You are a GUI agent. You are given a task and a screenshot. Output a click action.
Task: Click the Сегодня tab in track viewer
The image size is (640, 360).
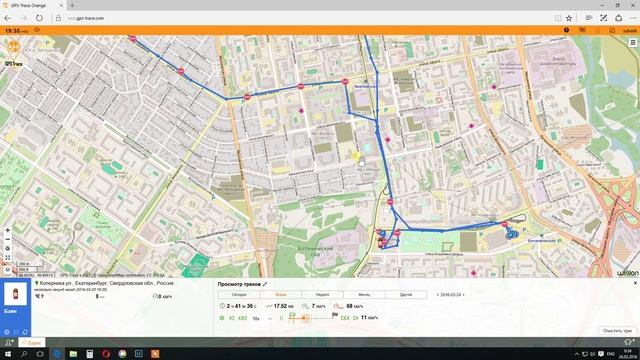point(239,295)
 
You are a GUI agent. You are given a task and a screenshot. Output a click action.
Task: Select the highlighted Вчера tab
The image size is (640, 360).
point(281,295)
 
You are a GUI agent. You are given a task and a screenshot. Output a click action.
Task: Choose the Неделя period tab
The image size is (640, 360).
point(321,295)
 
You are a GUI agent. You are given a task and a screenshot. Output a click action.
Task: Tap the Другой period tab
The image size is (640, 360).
point(406,295)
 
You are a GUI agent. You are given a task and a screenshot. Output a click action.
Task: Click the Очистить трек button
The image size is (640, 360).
point(617,330)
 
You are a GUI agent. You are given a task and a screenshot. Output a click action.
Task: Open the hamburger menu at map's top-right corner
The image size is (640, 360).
point(631,44)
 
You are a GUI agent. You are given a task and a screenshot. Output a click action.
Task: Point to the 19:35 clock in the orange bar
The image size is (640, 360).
point(13,31)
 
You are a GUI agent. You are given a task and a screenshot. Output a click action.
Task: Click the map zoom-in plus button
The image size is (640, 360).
point(8,231)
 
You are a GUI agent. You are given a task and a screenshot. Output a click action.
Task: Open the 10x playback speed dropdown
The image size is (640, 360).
point(259,318)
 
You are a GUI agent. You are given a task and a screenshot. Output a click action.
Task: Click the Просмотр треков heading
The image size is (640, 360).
point(240,284)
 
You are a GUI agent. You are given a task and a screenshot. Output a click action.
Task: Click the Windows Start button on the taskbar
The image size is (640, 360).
point(6,353)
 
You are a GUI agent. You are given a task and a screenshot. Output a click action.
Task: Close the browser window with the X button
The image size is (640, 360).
point(632,5)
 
